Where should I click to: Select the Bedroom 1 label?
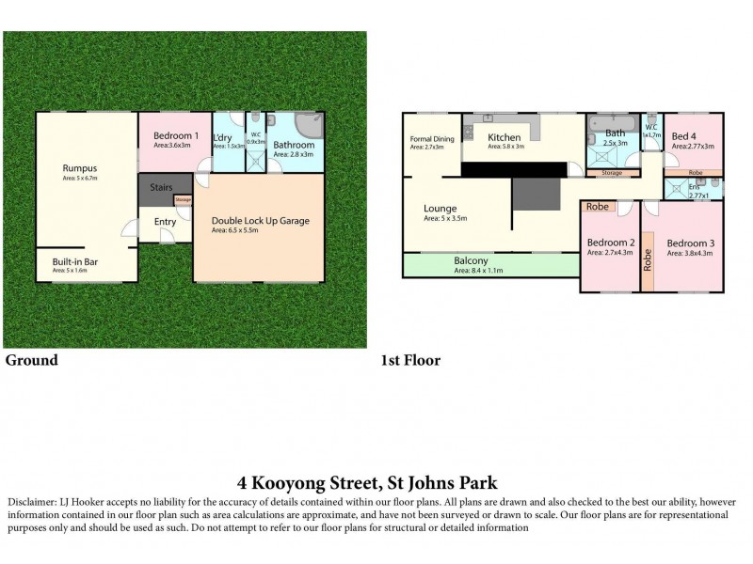click(x=174, y=136)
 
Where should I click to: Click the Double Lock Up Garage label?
click(x=259, y=221)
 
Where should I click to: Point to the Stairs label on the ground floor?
click(x=161, y=188)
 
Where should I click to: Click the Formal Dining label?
click(x=431, y=139)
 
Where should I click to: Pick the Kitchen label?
click(x=505, y=137)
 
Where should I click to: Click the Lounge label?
click(x=441, y=209)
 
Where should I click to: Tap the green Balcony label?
click(x=471, y=261)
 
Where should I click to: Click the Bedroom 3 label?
click(x=689, y=243)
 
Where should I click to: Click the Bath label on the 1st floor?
click(x=615, y=133)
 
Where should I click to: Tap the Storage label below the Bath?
click(x=611, y=173)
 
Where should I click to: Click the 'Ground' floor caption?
click(x=32, y=360)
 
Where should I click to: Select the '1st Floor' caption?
click(x=409, y=360)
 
